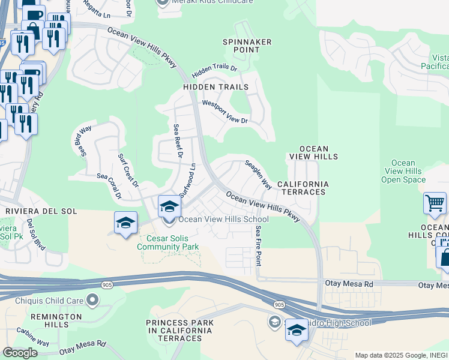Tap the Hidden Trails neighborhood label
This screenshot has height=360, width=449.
216,87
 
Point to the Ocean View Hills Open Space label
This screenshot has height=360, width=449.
403,171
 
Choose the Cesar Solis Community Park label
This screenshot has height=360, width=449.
167,242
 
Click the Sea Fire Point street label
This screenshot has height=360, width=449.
258,246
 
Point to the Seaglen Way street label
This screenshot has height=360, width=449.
259,175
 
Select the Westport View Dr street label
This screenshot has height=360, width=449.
225,112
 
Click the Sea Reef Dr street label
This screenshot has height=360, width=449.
177,141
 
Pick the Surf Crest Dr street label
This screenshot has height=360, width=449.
128,170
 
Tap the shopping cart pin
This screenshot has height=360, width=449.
435,203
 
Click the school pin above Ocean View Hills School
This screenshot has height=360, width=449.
170,207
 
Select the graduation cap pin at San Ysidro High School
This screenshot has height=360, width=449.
297,331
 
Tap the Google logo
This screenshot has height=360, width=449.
20,353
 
